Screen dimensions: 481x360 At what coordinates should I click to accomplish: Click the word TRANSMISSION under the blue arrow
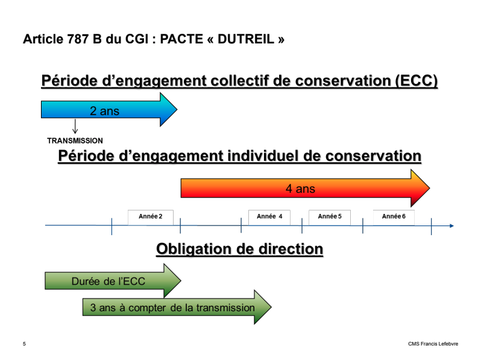tap(75, 141)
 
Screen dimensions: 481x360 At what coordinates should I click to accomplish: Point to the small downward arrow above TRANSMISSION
tap(75, 127)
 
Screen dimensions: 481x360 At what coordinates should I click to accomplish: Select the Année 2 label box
tap(150, 217)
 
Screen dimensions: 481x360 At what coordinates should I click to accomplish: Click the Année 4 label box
tap(269, 217)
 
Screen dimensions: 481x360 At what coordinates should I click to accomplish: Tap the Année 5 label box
tap(330, 217)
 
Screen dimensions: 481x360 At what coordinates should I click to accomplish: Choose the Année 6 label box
tap(394, 217)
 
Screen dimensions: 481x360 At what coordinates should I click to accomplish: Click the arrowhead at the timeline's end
tap(452, 226)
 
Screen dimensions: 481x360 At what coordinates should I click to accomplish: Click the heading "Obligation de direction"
tap(239, 249)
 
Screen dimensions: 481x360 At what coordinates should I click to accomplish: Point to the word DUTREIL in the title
tap(246, 39)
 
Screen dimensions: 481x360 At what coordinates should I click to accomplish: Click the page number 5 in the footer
tap(24, 344)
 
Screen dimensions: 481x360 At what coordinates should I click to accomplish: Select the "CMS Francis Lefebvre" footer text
tap(433, 344)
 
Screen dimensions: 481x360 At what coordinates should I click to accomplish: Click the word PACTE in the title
tap(181, 39)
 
